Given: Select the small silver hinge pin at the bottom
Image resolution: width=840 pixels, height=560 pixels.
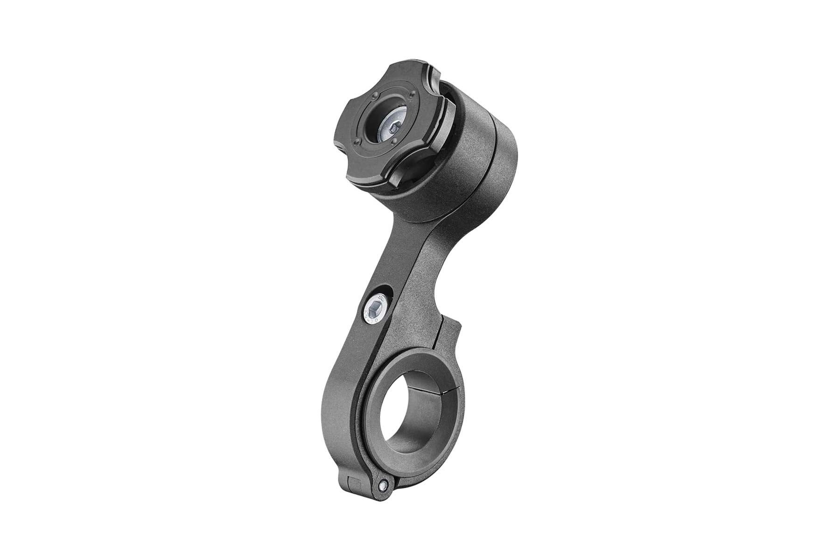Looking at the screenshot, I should pyautogui.click(x=383, y=485).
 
